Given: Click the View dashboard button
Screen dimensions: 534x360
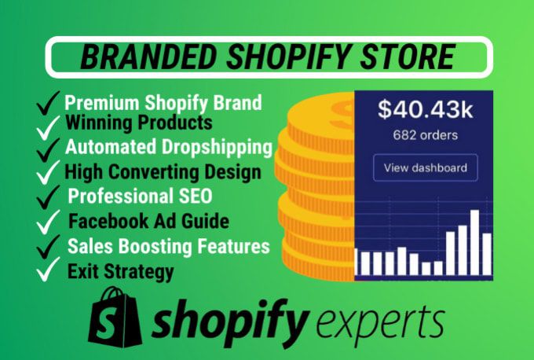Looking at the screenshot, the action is point(426,167).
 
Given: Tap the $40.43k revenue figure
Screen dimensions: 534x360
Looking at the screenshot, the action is point(426,110).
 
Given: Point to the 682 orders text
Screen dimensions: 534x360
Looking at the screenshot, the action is point(426,135).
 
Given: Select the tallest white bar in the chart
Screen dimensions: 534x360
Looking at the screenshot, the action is point(474,242).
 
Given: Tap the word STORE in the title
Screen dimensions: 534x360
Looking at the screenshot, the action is point(408,57).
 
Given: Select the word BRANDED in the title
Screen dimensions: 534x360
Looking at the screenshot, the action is point(148,57).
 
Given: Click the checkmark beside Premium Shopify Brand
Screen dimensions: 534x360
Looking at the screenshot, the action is point(48,103).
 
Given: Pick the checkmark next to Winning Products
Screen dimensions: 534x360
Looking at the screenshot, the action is point(48,127).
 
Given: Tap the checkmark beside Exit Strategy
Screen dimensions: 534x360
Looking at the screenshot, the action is point(48,270).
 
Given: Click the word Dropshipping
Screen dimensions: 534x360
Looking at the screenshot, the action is point(217,147).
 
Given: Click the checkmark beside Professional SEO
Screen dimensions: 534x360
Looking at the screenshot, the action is point(48,197).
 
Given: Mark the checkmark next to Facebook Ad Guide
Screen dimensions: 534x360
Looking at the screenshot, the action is point(48,222).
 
